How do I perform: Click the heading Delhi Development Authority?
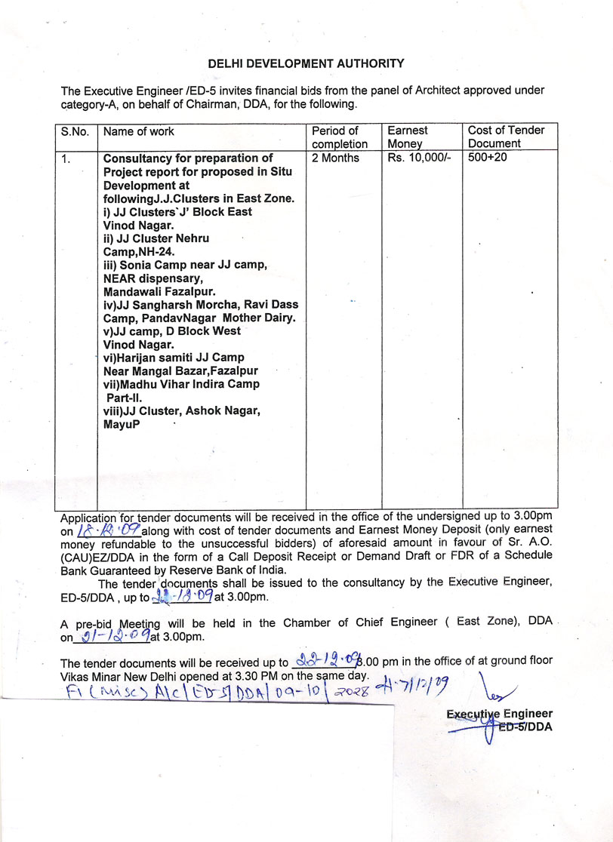[306, 64]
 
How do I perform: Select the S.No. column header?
[75, 131]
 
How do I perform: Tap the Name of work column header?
[138, 131]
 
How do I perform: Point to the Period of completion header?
[339, 137]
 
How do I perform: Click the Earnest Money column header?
[407, 137]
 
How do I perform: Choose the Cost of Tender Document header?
[506, 137]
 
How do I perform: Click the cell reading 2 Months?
[335, 158]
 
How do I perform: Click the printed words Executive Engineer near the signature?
[499, 714]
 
